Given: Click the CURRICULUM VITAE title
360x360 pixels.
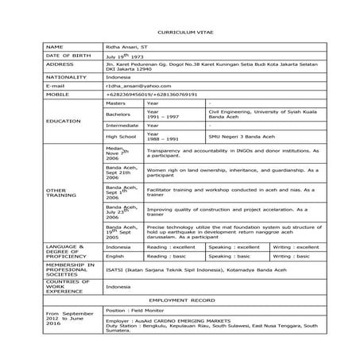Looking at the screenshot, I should tap(180, 31).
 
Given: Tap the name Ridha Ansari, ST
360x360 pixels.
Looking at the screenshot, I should tap(126, 48).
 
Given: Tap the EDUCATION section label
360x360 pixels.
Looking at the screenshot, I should tap(64, 121).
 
